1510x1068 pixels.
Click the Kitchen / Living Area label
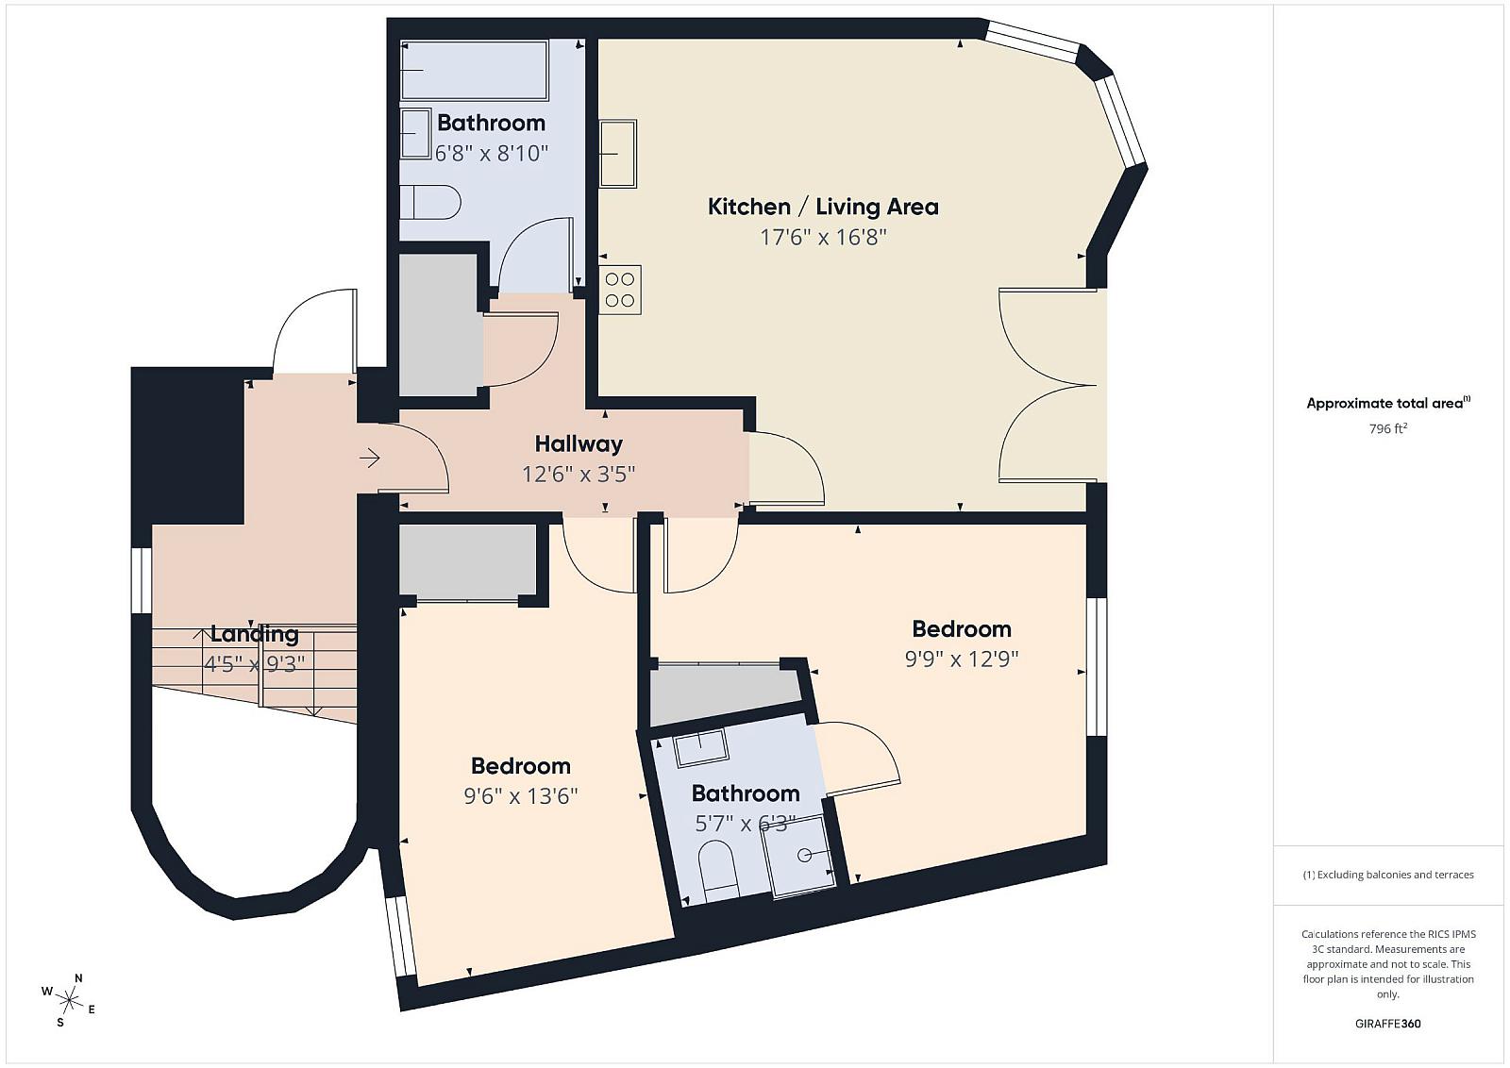tap(822, 207)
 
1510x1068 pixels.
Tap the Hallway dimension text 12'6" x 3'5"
tap(579, 475)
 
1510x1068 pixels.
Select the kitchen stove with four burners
tap(619, 290)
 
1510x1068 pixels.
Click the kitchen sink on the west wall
tap(617, 154)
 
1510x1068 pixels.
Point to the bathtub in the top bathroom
tap(474, 71)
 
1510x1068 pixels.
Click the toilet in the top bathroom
tap(430, 202)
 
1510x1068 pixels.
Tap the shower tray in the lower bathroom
tap(798, 857)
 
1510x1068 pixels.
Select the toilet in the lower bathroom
tap(718, 873)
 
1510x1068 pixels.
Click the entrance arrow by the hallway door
tap(369, 459)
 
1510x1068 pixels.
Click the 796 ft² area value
tap(1388, 428)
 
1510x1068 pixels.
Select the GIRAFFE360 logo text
tap(1388, 1024)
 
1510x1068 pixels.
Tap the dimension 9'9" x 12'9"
tap(962, 659)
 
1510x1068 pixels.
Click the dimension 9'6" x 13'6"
tap(520, 796)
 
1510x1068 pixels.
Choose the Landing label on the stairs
tap(255, 634)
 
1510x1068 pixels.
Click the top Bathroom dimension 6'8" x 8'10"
tap(491, 154)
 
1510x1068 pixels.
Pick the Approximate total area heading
tap(1388, 403)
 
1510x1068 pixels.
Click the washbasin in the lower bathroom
tap(701, 747)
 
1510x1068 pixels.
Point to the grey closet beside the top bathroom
tap(440, 325)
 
